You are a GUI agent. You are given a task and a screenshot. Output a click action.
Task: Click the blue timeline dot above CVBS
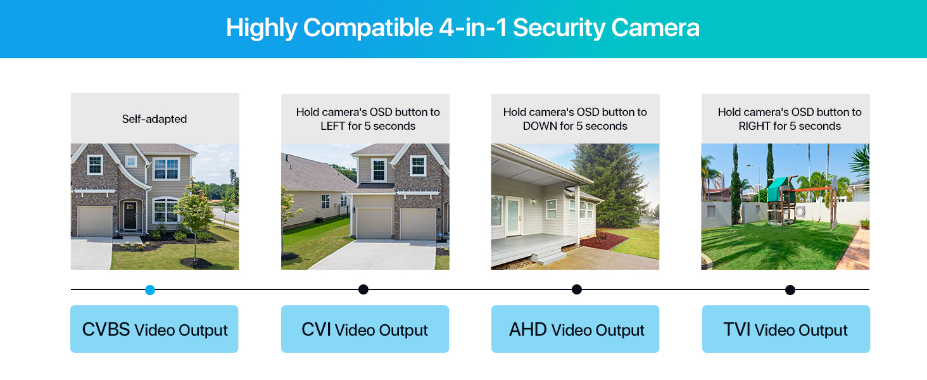150,290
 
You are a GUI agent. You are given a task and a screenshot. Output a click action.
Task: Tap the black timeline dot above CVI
363,289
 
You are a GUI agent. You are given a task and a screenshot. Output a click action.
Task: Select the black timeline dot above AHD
576,289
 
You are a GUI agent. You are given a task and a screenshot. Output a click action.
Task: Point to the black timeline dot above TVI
790,290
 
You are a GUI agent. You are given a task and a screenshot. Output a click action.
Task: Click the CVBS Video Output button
154,329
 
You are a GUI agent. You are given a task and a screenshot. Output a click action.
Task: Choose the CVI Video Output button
365,329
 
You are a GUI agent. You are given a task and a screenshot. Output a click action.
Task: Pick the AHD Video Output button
575,329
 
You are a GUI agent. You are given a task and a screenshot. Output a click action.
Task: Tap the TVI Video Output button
786,329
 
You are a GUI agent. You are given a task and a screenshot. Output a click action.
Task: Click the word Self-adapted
154,118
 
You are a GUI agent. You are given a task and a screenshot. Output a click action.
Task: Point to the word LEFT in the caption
332,126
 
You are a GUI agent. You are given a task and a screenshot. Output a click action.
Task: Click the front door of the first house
130,215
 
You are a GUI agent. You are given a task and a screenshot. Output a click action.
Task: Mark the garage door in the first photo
95,221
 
